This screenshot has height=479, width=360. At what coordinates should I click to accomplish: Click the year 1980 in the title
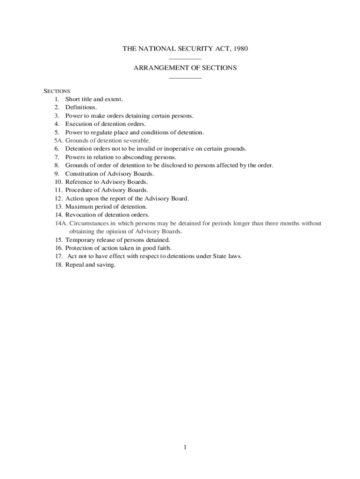(239, 49)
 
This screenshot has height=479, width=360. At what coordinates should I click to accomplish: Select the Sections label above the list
(57, 91)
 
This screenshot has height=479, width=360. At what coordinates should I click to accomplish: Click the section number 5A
(58, 140)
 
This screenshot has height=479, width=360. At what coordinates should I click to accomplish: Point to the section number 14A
(61, 223)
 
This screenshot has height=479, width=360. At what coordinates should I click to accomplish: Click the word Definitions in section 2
(81, 107)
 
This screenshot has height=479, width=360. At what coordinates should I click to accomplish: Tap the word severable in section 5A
(136, 140)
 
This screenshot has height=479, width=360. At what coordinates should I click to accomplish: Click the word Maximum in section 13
(79, 206)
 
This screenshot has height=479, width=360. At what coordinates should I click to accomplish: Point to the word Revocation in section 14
(80, 215)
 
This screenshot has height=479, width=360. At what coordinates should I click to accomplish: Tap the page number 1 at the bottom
(185, 447)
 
